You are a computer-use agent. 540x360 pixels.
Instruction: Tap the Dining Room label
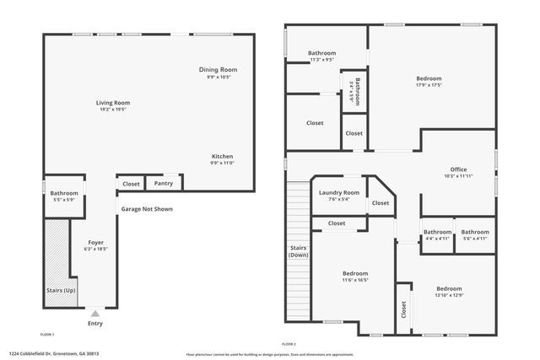(x=218, y=69)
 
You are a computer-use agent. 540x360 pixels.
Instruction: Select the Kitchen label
(x=222, y=157)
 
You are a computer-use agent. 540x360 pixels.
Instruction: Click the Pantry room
(x=164, y=183)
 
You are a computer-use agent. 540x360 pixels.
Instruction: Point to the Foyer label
(x=94, y=242)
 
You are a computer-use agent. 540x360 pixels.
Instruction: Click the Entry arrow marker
(x=94, y=314)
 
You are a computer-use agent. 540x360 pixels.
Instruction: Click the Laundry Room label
(x=338, y=193)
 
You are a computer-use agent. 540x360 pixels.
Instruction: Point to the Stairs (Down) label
(x=298, y=251)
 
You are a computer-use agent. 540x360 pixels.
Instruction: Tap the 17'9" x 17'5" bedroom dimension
(x=428, y=84)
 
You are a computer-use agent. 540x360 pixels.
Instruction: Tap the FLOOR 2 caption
(x=289, y=344)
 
